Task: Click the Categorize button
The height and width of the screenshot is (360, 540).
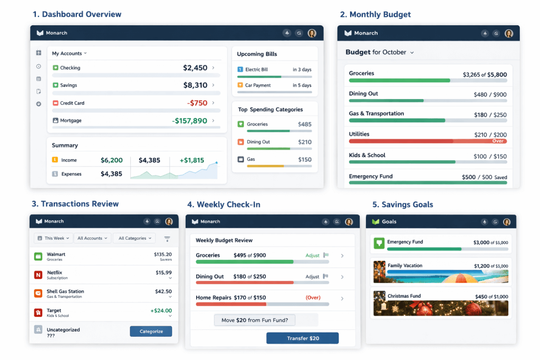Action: [151, 332]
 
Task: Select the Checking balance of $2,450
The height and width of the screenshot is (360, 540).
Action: [195, 68]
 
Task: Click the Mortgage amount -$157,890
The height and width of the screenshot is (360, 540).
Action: [189, 121]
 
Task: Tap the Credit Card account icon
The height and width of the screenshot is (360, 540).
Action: [55, 103]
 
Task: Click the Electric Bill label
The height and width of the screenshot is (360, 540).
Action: [256, 70]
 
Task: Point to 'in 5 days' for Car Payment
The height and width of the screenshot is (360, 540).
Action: [302, 85]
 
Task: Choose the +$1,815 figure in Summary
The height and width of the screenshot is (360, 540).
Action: [191, 160]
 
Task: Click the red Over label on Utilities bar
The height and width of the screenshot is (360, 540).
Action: [498, 141]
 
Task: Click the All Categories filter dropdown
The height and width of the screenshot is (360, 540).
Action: [134, 238]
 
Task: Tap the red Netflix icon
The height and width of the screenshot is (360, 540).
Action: [38, 275]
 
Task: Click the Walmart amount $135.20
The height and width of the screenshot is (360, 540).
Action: [162, 254]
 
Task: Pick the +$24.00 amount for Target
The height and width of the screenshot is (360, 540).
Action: [161, 310]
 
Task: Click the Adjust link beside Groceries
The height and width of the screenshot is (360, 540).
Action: [313, 256]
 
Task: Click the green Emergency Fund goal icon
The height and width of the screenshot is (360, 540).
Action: [378, 244]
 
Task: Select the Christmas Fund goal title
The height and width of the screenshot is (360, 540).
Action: [405, 296]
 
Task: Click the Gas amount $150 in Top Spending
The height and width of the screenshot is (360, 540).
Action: [304, 160]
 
